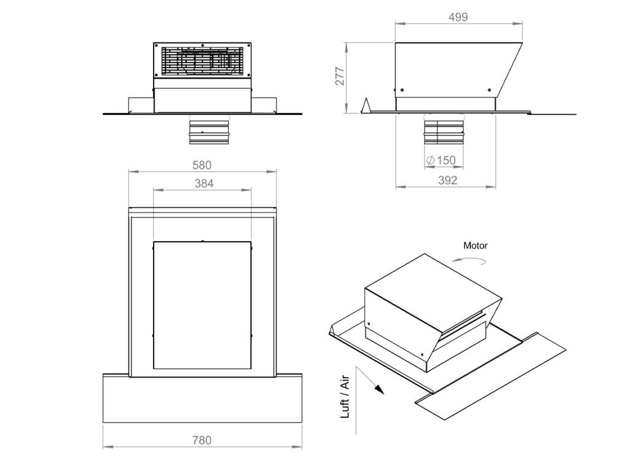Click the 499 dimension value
[458, 17]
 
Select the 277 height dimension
[340, 76]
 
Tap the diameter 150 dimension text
[441, 160]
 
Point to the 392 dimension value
[447, 180]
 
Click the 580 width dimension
[202, 165]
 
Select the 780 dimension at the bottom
[202, 440]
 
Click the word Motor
[475, 246]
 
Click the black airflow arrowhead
[380, 389]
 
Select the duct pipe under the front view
[208, 132]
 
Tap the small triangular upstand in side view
[366, 106]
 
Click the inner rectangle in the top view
[202, 305]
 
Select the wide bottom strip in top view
[202, 400]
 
